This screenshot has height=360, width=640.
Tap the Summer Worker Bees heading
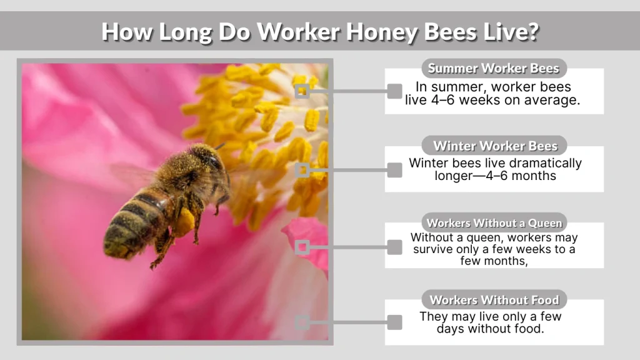[x=494, y=68]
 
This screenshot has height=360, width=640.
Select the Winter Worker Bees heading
[x=494, y=146]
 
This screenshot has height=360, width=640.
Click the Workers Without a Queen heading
[x=494, y=222]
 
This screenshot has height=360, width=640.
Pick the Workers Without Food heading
[x=494, y=299]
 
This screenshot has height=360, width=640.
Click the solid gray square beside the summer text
[x=394, y=91]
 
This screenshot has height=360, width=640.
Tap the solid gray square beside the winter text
[x=394, y=169]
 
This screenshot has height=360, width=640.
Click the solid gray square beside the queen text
[x=394, y=247]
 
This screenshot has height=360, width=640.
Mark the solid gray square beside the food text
[x=394, y=322]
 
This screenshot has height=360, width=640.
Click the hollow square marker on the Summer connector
[x=302, y=91]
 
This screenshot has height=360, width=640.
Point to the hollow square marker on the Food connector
[x=302, y=322]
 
